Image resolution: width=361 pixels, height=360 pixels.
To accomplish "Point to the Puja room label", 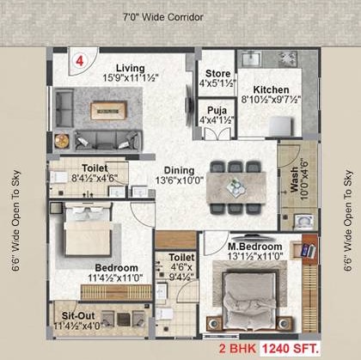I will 209,110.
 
